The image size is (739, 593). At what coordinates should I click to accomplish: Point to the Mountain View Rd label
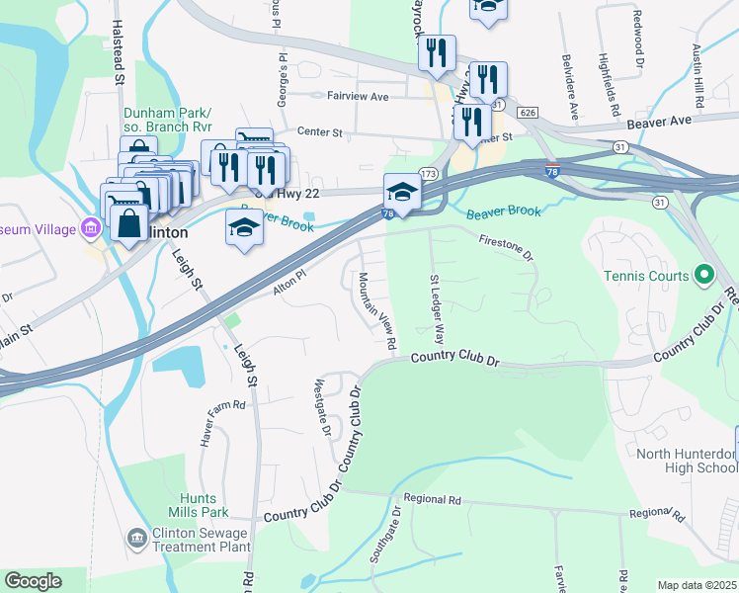(378, 310)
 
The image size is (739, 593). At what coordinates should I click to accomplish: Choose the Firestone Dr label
(507, 247)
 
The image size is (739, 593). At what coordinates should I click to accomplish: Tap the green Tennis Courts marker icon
(703, 274)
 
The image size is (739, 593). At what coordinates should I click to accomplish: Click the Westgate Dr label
(321, 405)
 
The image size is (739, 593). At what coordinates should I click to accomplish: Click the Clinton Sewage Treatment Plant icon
(136, 537)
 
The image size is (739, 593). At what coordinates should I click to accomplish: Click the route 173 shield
(428, 174)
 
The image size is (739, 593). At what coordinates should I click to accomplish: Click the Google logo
(34, 581)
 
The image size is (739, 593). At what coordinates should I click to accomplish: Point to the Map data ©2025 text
(697, 585)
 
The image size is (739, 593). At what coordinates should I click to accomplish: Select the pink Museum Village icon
(91, 230)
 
